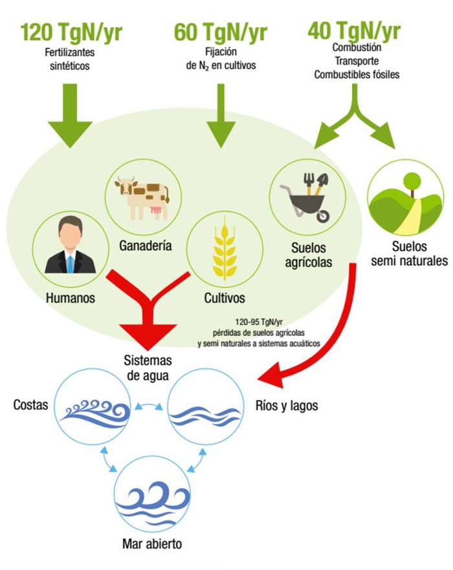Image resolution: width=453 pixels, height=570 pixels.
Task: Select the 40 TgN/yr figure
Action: (x=354, y=30)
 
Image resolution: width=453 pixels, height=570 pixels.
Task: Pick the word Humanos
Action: (x=71, y=299)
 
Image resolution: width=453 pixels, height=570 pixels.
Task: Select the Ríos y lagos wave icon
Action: (x=205, y=412)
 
